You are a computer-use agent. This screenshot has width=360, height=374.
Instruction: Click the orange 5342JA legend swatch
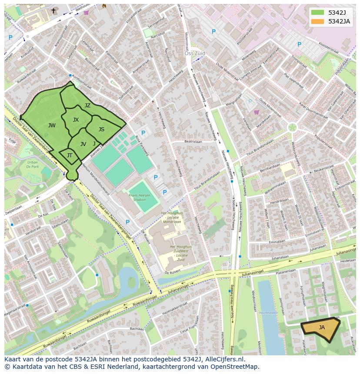(x=317, y=22)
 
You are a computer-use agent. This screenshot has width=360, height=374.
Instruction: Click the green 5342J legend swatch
(x=317, y=12)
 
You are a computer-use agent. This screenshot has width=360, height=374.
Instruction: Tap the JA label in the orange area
(x=322, y=327)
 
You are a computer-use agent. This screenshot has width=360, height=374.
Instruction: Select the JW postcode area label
(x=52, y=126)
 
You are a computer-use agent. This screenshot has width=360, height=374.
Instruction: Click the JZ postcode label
(x=87, y=106)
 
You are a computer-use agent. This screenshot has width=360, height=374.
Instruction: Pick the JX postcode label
(x=76, y=120)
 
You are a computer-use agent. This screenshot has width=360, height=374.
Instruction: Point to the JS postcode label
(x=101, y=129)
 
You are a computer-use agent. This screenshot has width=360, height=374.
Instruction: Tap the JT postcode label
(x=69, y=155)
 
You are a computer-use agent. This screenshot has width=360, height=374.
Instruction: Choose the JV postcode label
(x=83, y=144)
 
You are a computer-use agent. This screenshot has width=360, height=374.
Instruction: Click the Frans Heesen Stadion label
(x=140, y=198)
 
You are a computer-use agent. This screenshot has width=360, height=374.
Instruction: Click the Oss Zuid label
(x=194, y=54)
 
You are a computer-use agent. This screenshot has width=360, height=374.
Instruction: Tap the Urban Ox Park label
(x=33, y=164)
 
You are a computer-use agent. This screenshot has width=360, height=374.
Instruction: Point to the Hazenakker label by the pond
(x=269, y=312)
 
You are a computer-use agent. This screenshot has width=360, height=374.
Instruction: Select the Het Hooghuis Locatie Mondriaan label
(x=171, y=217)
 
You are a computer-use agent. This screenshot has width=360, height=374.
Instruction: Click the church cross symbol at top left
(x=53, y=10)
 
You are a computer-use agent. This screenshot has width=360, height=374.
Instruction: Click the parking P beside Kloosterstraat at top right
(x=299, y=44)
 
